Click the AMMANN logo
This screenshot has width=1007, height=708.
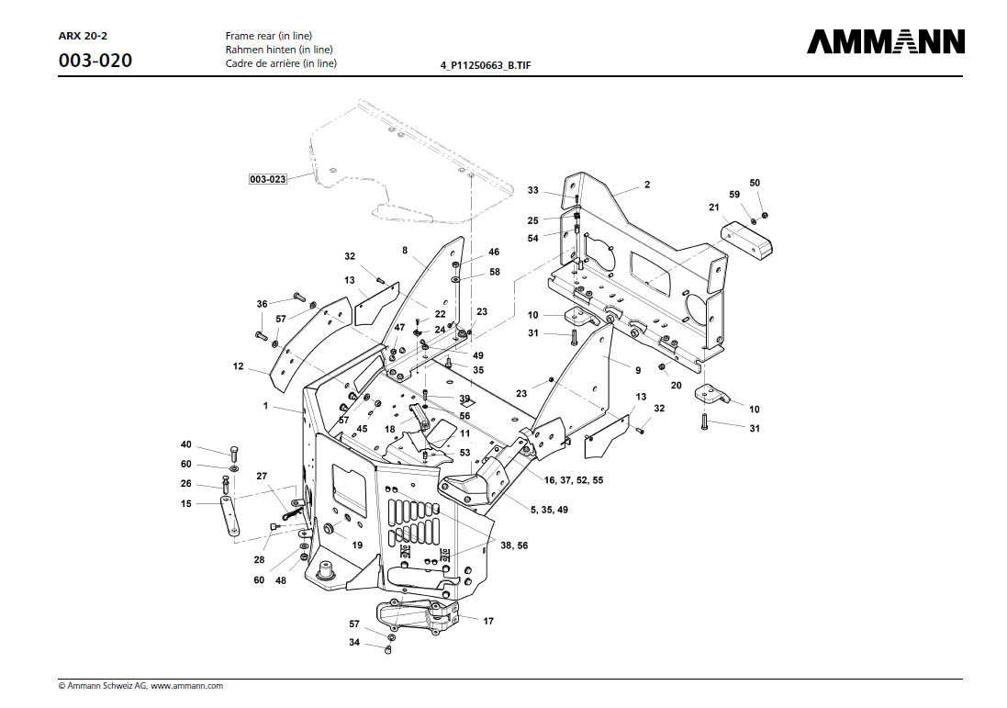[886, 42]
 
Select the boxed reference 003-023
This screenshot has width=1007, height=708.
[267, 179]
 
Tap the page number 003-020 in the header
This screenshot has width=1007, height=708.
[95, 62]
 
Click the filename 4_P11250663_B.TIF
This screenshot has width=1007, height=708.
[486, 66]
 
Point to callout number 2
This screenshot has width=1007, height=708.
[646, 185]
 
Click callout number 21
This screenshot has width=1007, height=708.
[713, 208]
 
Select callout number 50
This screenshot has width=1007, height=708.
[755, 183]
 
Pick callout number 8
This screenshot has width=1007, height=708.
[404, 250]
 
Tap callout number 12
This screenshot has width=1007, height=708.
[238, 366]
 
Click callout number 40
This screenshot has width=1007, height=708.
[185, 444]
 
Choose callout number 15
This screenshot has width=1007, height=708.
[185, 503]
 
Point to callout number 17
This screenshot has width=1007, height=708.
[488, 622]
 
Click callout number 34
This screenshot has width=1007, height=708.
[353, 643]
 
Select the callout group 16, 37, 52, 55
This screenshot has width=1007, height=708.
[573, 480]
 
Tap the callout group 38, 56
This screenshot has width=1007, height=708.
[514, 545]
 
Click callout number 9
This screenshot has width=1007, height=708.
[636, 369]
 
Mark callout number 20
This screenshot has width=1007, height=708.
[676, 385]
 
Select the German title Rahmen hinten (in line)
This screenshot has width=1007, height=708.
[279, 50]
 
